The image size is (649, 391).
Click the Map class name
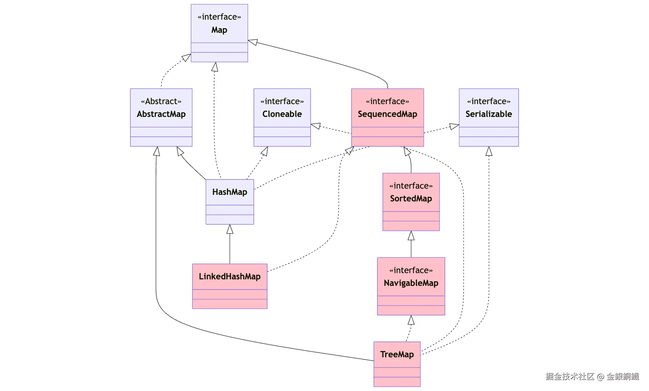(219, 30)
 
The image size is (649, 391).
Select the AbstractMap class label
(161, 114)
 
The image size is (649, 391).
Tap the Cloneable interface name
(282, 114)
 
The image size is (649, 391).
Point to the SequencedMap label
(387, 114)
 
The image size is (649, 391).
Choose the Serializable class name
(488, 114)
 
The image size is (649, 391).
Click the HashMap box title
(229, 192)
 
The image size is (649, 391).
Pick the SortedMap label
(411, 198)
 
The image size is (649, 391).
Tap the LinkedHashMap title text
(229, 276)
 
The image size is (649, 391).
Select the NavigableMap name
(411, 283)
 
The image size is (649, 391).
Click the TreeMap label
(397, 354)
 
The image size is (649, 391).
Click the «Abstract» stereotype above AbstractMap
(161, 101)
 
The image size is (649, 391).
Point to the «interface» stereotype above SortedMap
(411, 186)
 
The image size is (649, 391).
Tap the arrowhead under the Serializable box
(489, 151)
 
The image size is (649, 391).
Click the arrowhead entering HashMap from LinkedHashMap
(230, 229)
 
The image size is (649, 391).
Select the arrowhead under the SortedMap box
(411, 235)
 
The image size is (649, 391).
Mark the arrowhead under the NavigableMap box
(411, 320)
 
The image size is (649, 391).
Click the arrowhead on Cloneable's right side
(315, 126)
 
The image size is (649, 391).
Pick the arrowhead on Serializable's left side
(454, 126)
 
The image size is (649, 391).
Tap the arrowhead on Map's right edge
(253, 42)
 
